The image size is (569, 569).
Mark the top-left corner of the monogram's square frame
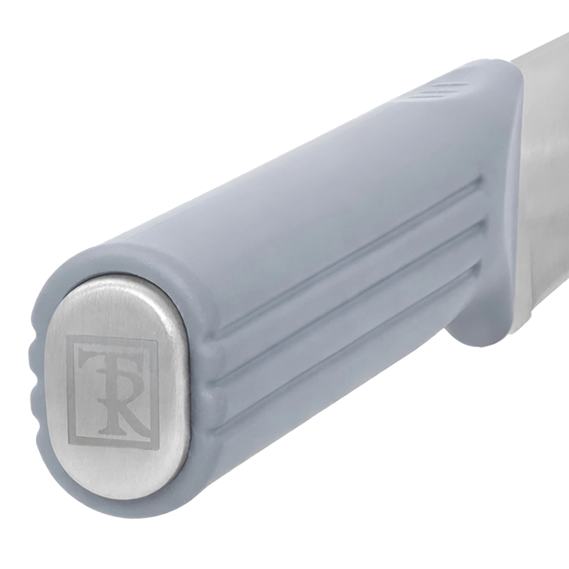click(67, 333)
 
